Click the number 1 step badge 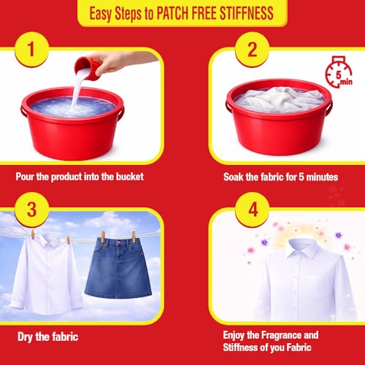click(x=31, y=50)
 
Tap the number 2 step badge click(x=252, y=50)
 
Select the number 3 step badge click(x=31, y=210)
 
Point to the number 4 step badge click(x=252, y=210)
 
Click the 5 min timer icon click(x=339, y=72)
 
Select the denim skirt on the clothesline click(x=118, y=268)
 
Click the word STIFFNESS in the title click(x=246, y=13)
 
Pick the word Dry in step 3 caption click(x=25, y=337)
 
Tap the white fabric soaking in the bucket click(x=280, y=100)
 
